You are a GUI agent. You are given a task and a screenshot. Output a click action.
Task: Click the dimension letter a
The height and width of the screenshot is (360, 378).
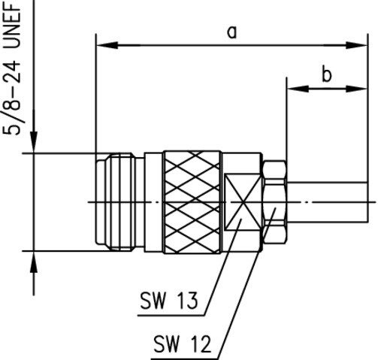coord(232,33)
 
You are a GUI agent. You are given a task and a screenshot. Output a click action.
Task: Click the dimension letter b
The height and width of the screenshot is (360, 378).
coord(327,74)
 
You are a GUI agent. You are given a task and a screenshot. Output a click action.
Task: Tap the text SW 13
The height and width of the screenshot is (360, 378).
coord(168,300)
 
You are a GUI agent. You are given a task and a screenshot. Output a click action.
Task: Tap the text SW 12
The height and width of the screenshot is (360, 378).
coord(182,344)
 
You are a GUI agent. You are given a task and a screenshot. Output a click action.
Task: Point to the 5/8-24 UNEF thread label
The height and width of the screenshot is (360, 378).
coord(12,68)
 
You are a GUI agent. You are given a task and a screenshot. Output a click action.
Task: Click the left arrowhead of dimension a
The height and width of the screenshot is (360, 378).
coord(107,45)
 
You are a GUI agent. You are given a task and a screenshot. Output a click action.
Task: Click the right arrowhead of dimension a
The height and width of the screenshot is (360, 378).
coord(357,45)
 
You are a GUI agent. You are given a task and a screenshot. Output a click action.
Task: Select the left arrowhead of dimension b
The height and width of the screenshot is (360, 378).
coord(298,89)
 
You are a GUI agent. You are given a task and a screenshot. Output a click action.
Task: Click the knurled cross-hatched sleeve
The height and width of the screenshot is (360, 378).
coord(192,202)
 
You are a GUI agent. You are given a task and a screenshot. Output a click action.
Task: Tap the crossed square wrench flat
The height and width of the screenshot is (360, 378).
coord(243,202)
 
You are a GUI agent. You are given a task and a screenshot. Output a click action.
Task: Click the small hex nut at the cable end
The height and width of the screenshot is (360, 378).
coord(274,202)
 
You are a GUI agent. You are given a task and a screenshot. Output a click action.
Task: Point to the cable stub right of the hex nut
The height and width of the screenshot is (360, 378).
coord(327,202)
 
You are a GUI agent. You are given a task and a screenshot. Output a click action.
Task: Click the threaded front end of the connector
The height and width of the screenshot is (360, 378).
coord(115,202)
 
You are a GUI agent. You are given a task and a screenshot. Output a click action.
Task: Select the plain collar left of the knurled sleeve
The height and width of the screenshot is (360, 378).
coord(153,202)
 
